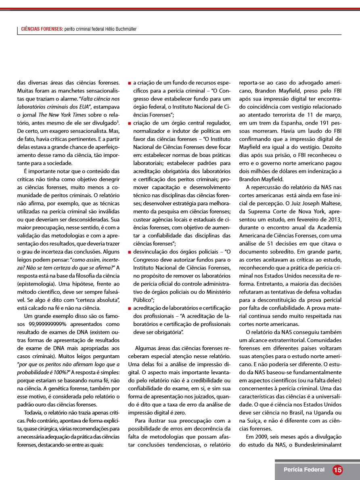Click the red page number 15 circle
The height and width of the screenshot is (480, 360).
click(x=337, y=470)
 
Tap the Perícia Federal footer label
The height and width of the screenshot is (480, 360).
click(x=304, y=470)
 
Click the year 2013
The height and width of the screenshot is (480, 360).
click(x=334, y=219)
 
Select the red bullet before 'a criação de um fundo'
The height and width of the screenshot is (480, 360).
click(x=130, y=83)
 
